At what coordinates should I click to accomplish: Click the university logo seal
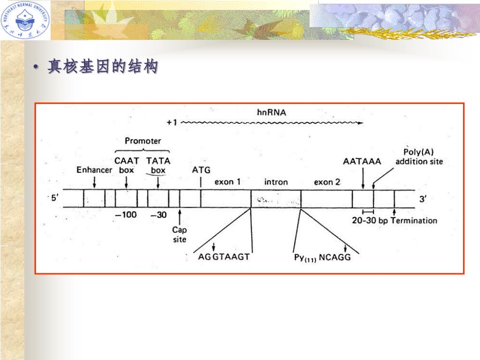coord(25,20)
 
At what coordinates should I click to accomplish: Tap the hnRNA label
coord(271,112)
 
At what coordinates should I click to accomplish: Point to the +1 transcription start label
coord(172,122)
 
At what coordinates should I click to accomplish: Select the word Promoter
coord(142,141)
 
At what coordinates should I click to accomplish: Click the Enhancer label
coord(94,170)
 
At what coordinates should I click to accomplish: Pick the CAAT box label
coord(127,165)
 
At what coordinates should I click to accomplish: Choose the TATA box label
coord(158,165)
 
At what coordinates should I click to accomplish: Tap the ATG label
coord(201,170)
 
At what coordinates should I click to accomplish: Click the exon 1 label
coord(227,181)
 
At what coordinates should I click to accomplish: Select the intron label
coord(276,182)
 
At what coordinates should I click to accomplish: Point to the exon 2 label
coord(327,182)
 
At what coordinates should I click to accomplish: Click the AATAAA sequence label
coord(362,161)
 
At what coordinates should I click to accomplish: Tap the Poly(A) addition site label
coord(419,157)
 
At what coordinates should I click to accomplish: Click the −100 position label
coord(126,215)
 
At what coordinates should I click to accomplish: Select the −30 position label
coord(158,215)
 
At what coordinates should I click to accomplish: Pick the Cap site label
coord(179,234)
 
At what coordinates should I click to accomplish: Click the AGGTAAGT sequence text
coord(224,257)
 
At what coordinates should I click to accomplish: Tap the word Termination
coord(414,220)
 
